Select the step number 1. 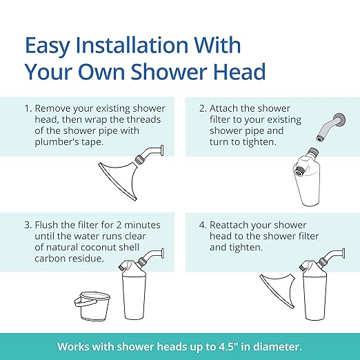pyautogui.click(x=28, y=109)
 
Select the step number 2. pyautogui.click(x=204, y=109)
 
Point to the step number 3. pyautogui.click(x=28, y=225)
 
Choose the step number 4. pyautogui.click(x=204, y=225)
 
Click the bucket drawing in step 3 pyautogui.click(x=93, y=305)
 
